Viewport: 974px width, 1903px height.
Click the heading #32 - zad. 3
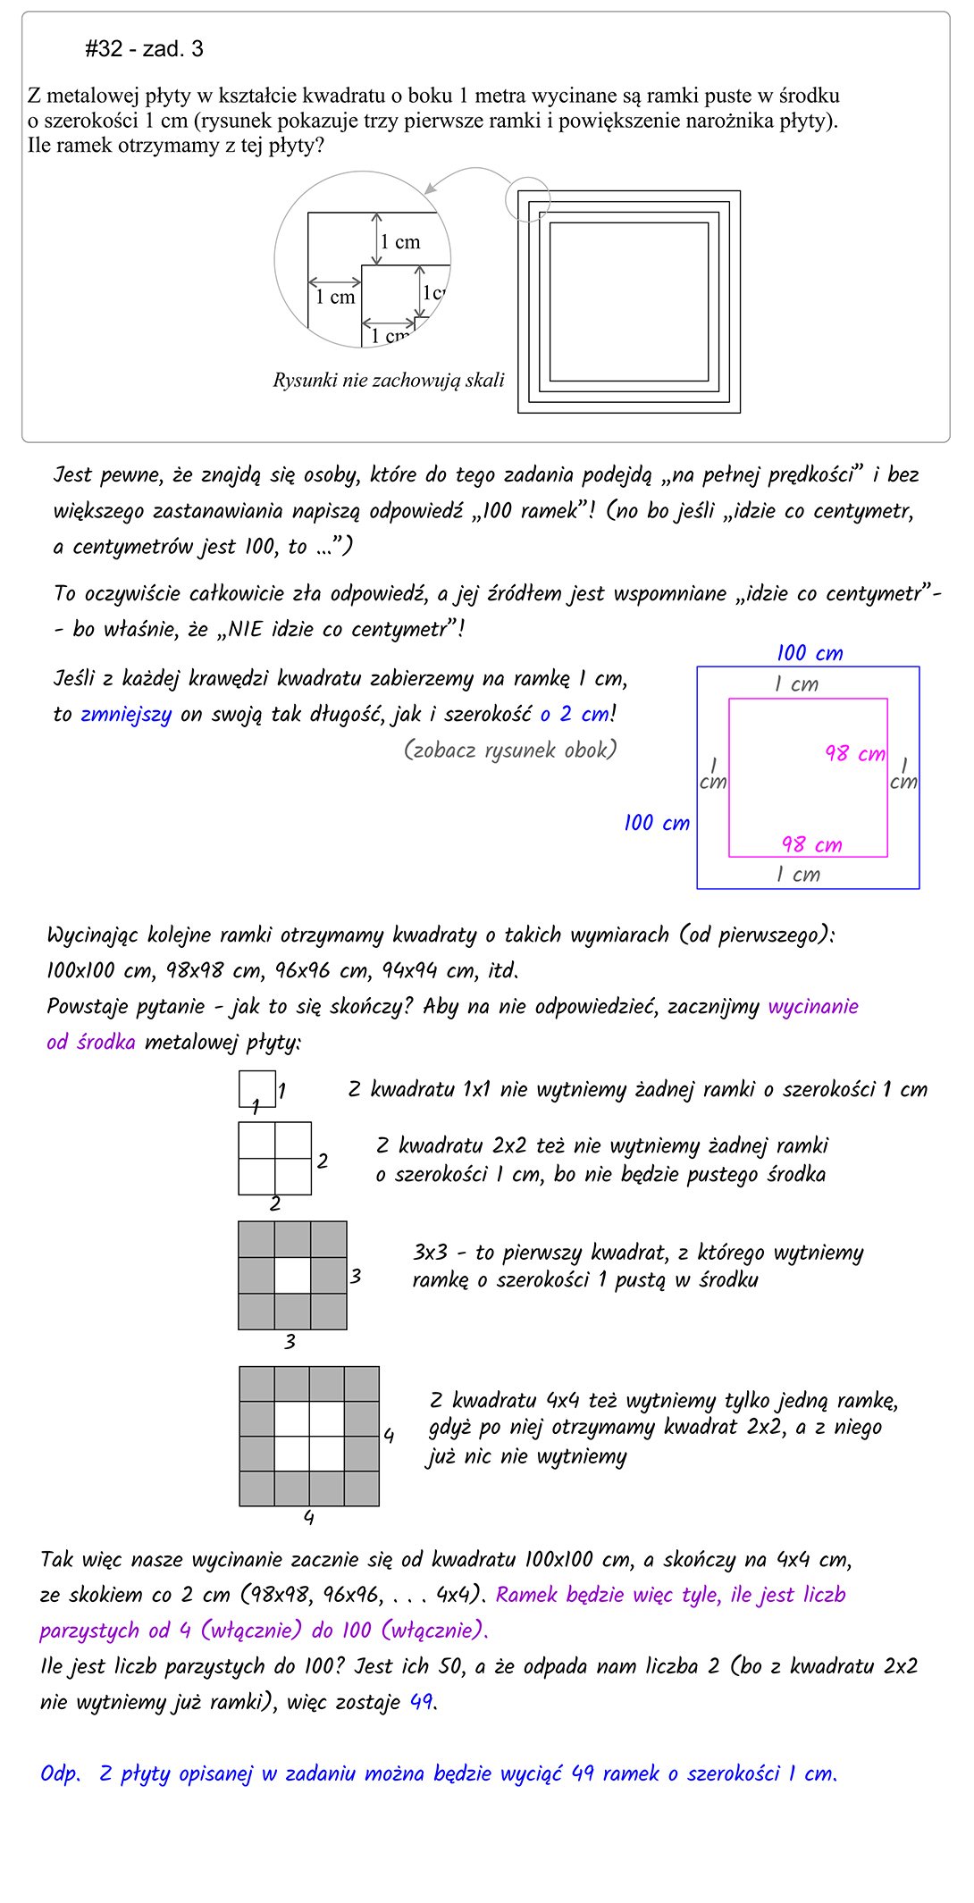(x=144, y=49)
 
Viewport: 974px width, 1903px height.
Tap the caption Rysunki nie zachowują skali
(x=389, y=381)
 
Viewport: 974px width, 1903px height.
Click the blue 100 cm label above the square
(x=810, y=653)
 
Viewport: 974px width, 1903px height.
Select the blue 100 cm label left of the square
(x=657, y=823)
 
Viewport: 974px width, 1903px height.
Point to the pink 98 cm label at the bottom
(x=811, y=844)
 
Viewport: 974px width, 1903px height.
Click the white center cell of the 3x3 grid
(x=292, y=1276)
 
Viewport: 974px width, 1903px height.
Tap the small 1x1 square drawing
(x=256, y=1089)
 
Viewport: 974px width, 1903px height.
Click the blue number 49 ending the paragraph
(x=421, y=1701)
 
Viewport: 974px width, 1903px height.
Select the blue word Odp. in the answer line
(x=61, y=1773)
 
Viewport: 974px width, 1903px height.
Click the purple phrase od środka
(x=91, y=1042)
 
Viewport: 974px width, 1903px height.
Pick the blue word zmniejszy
(x=126, y=715)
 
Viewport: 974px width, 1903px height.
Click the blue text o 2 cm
(x=575, y=715)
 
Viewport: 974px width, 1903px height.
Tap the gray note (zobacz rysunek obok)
(x=510, y=750)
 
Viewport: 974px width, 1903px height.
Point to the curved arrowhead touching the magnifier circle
(x=431, y=189)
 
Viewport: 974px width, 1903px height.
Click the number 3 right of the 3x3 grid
(x=356, y=1276)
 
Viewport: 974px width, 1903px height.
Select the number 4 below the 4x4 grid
(x=308, y=1517)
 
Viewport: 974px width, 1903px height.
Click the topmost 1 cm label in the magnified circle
(x=399, y=242)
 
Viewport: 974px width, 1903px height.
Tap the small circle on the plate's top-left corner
(x=527, y=198)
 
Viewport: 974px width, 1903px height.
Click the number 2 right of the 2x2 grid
(x=323, y=1161)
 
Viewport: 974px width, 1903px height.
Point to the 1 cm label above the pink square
(x=796, y=684)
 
